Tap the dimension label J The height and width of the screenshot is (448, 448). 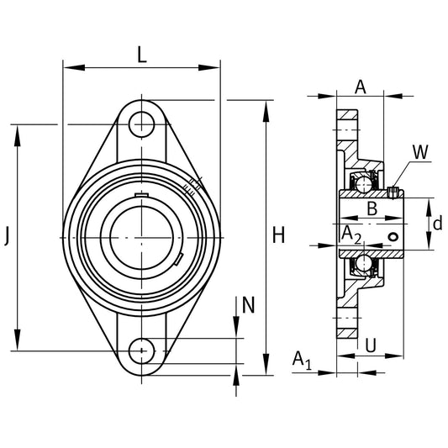click(8, 237)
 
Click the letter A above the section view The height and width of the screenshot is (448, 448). click(360, 85)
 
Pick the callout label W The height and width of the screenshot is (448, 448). click(420, 152)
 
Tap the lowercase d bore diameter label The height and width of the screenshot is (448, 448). click(436, 224)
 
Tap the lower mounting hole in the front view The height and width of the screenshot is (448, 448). click(144, 349)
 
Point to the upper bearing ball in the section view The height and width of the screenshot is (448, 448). click(363, 181)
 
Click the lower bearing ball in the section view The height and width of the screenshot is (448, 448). click(363, 265)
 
